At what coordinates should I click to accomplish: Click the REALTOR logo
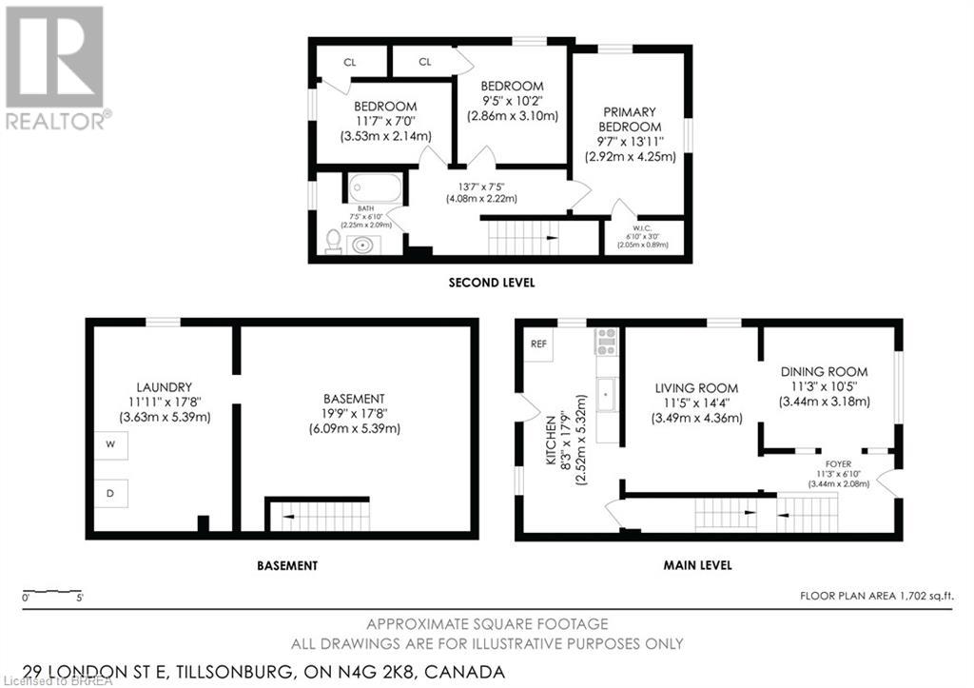(54, 67)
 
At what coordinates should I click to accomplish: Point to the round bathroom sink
(361, 245)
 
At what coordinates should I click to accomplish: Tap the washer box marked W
(111, 444)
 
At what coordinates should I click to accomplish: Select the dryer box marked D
(111, 493)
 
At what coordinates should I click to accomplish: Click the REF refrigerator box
(538, 344)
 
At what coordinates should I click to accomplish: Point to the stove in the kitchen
(606, 341)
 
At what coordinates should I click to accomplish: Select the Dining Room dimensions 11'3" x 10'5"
(824, 386)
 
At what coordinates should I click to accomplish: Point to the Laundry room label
(165, 387)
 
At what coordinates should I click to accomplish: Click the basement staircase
(319, 517)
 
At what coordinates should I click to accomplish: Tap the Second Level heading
(492, 283)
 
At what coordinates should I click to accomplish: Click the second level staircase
(521, 236)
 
